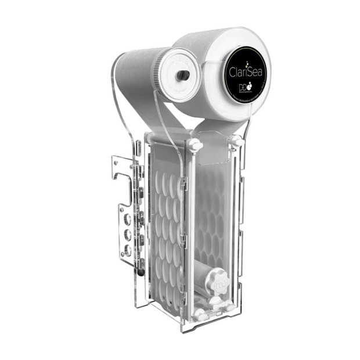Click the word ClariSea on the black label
pos(246,74)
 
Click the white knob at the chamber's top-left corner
pos(194,145)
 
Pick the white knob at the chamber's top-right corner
pos(237,141)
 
